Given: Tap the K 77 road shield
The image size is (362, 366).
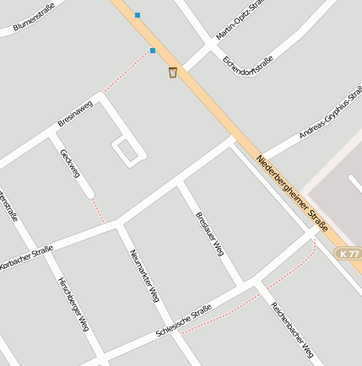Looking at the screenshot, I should tap(348, 253).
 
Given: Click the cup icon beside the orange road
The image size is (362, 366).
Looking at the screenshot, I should tap(173, 73).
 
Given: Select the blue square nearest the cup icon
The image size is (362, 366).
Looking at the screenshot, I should tap(153, 51).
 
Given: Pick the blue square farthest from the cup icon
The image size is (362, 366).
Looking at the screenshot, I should tap(138, 14).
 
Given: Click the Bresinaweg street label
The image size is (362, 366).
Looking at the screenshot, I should tap(75, 113).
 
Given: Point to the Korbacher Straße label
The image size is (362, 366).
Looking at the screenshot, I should tap(25, 256).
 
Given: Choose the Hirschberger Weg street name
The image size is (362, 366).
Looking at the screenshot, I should tap(73, 303).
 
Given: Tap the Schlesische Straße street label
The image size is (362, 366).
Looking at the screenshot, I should tap(184, 323).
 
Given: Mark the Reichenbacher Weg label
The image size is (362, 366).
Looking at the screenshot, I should tap(292, 330).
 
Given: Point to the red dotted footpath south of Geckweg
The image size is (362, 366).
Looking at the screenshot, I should tap(98, 211).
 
